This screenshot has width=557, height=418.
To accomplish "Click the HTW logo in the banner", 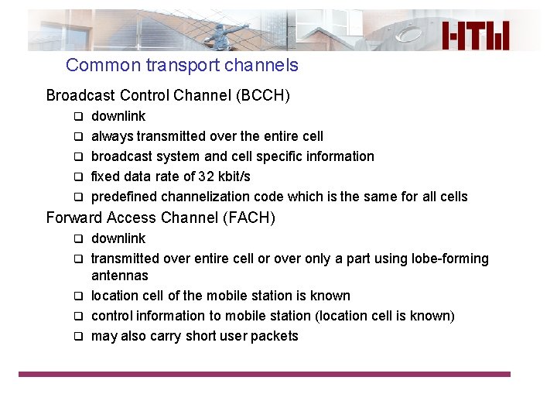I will [x=476, y=36].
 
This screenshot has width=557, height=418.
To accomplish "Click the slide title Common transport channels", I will [x=182, y=65].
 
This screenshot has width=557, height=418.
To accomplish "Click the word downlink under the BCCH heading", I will [x=118, y=116].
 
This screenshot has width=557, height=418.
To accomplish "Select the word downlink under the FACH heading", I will [x=118, y=238].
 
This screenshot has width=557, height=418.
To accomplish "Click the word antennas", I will [x=119, y=276].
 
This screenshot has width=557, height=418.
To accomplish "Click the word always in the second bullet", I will [x=112, y=136].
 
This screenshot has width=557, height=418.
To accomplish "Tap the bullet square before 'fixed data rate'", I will [x=77, y=177].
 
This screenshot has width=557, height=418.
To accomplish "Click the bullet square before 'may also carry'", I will [x=77, y=337].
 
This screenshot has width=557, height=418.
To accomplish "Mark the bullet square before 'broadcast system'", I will [x=77, y=157].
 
